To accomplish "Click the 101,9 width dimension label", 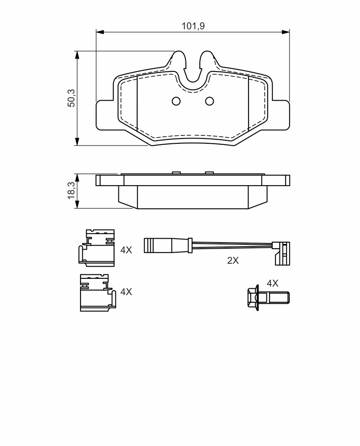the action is tap(193, 26).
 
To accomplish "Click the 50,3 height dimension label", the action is tap(71, 98).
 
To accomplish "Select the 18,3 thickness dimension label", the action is tap(71, 190).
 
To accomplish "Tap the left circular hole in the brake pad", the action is tap(176, 101).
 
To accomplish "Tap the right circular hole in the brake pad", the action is tap(209, 101).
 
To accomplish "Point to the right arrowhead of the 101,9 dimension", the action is tap(286, 31).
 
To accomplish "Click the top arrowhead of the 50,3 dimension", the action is tap(77, 55).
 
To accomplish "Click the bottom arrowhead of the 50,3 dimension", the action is tap(77, 142).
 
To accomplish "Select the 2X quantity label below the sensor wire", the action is tap(233, 260).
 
